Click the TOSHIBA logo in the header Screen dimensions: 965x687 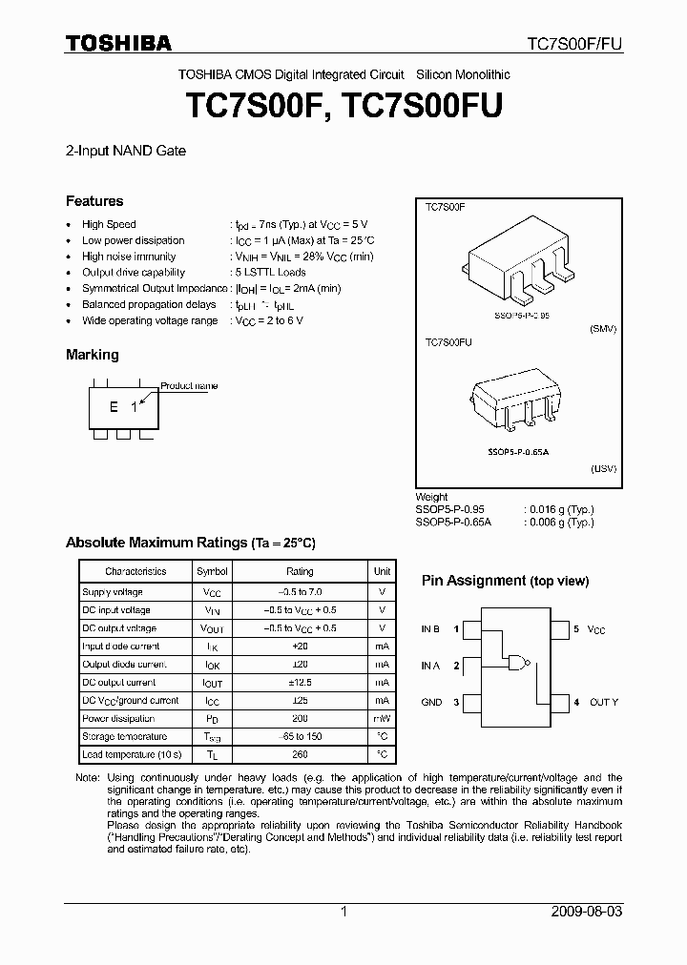click(x=118, y=43)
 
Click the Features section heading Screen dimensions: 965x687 click(x=94, y=201)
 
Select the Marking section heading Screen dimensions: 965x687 click(x=93, y=355)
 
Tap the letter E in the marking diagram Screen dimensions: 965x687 click(x=114, y=407)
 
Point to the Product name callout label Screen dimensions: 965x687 click(x=189, y=386)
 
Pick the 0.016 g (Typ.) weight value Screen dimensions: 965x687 click(x=559, y=510)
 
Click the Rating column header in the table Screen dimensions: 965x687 click(x=300, y=571)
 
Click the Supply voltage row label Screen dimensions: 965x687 click(x=112, y=592)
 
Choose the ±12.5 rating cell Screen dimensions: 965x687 click(x=300, y=683)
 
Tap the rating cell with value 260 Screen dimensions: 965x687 click(x=300, y=754)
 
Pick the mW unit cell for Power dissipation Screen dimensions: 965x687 click(x=382, y=718)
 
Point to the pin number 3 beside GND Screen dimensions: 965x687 click(x=456, y=702)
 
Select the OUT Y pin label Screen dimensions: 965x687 click(x=603, y=702)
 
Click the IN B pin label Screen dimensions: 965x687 click(x=430, y=629)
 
